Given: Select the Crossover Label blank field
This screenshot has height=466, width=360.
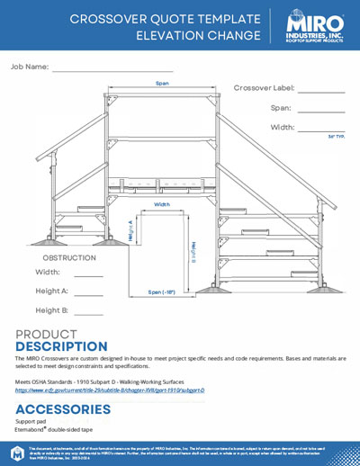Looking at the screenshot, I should [322, 91].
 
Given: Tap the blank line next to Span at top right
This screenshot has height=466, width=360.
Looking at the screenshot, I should [322, 110].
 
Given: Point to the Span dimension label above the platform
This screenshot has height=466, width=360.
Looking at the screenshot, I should [162, 84].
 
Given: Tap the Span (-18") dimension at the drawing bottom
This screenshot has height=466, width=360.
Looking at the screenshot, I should [162, 291].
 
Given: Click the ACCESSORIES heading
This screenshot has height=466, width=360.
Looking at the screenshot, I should [63, 409].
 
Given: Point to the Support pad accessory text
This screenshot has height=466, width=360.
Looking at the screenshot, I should [31, 421].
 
